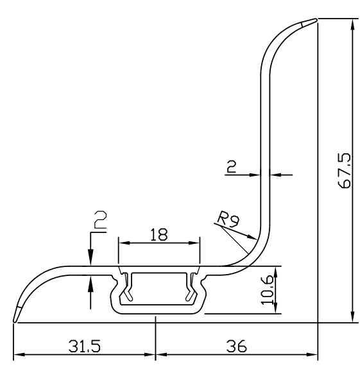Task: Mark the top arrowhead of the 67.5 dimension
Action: coord(352,24)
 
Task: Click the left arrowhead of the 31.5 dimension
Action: coord(19,354)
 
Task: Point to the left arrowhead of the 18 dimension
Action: coord(123,243)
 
